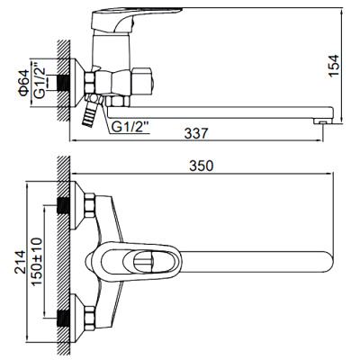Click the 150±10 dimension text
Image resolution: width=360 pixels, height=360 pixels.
(x=34, y=260)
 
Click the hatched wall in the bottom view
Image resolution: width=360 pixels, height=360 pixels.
(x=63, y=261)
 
